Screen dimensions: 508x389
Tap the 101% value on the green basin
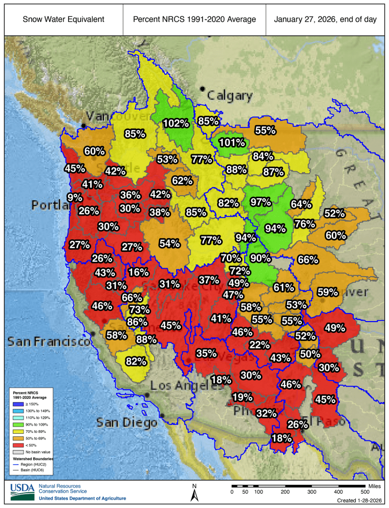(231, 142)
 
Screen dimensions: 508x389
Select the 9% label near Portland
(74, 197)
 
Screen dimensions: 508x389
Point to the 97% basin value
(260, 201)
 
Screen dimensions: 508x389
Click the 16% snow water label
(138, 272)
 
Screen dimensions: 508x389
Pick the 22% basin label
(260, 345)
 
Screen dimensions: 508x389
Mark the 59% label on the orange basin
(328, 292)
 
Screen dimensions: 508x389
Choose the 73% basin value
(139, 309)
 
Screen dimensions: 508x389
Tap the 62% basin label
(182, 180)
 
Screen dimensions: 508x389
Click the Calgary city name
(230, 96)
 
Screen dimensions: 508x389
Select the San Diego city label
(127, 423)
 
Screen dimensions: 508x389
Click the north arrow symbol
(194, 494)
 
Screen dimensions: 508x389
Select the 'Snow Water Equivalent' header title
(64, 19)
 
